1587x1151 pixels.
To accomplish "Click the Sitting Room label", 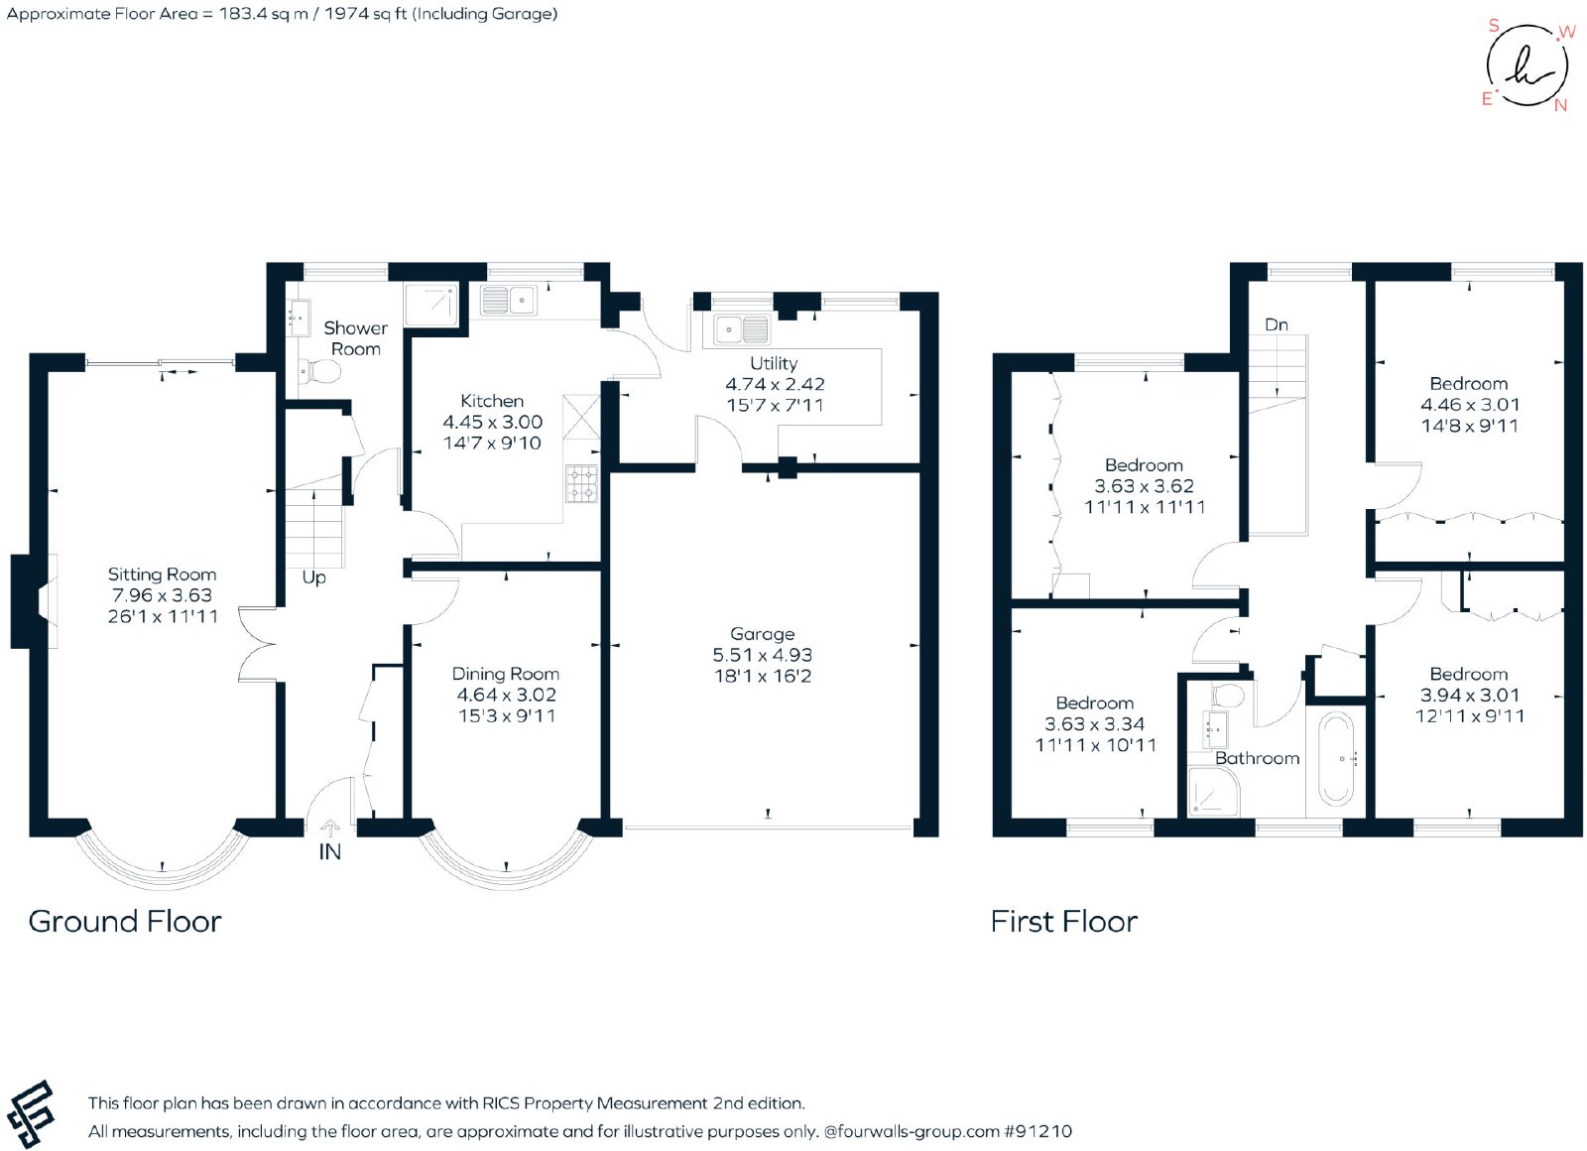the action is click(x=162, y=575).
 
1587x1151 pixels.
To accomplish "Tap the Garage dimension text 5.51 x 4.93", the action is click(x=763, y=655).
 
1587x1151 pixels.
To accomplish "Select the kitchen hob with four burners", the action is click(x=581, y=483).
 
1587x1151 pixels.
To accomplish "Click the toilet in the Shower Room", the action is click(x=319, y=370).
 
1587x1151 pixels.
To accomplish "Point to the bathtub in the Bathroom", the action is click(x=1335, y=759).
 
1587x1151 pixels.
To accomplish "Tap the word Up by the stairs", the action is click(x=313, y=577).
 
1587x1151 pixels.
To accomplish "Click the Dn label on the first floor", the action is click(x=1276, y=324).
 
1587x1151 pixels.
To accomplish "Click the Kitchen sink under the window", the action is click(x=508, y=300).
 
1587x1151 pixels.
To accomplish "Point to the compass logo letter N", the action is click(x=1559, y=105).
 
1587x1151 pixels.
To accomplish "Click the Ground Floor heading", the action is click(x=125, y=922).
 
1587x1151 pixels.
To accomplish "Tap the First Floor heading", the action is click(x=1064, y=922).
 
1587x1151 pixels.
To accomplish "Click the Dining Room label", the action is click(x=506, y=674).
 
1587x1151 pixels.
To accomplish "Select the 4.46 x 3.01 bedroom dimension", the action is click(x=1470, y=405).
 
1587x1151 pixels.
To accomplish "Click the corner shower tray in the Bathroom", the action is click(x=1214, y=791).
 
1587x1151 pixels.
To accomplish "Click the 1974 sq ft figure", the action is click(x=365, y=14).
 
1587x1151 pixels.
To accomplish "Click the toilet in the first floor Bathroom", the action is click(x=1228, y=695).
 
